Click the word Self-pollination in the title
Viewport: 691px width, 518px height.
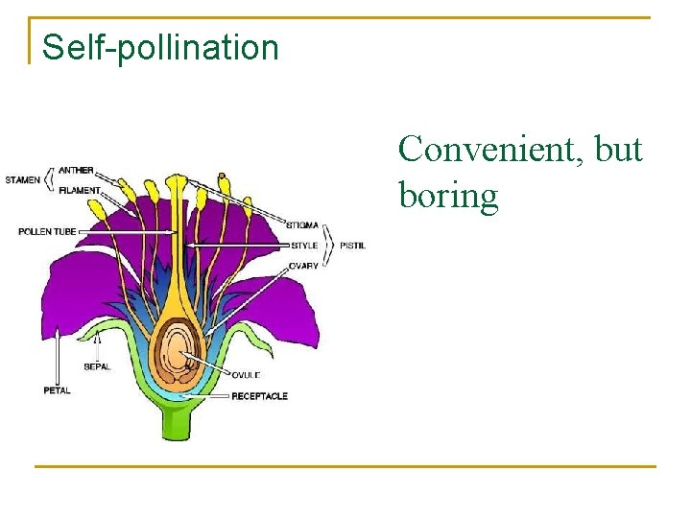(160, 47)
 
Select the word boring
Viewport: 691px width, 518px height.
(448, 196)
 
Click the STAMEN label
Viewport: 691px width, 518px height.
(22, 179)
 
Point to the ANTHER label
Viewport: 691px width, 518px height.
(76, 171)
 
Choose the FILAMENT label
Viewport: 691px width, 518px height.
(79, 190)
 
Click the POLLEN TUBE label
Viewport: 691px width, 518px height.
(47, 231)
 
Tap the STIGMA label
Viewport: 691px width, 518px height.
(302, 224)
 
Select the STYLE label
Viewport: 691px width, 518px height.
(303, 245)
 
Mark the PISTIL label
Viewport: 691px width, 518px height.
(352, 245)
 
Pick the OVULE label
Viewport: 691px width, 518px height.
(245, 375)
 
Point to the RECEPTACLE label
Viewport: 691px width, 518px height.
(259, 396)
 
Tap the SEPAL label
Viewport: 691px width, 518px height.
(97, 366)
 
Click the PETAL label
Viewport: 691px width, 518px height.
(57, 389)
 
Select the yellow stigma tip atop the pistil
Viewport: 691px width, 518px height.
(176, 181)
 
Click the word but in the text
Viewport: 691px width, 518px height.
(618, 150)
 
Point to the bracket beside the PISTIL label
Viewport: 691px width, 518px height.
(329, 245)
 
